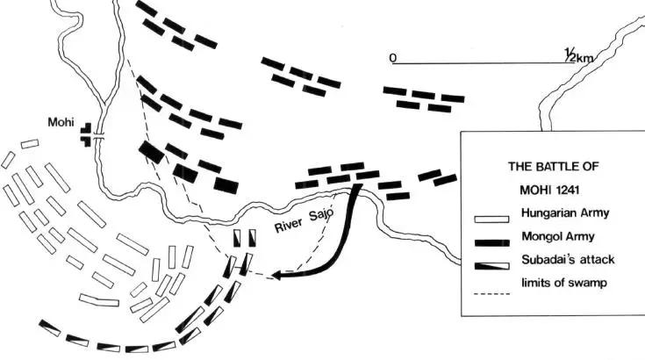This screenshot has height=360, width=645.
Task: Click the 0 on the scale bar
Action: coord(395,58)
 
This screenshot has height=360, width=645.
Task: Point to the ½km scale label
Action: coord(582,55)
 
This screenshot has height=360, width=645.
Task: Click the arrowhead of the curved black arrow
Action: coord(276,276)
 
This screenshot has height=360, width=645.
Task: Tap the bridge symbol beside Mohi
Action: coord(99,138)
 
